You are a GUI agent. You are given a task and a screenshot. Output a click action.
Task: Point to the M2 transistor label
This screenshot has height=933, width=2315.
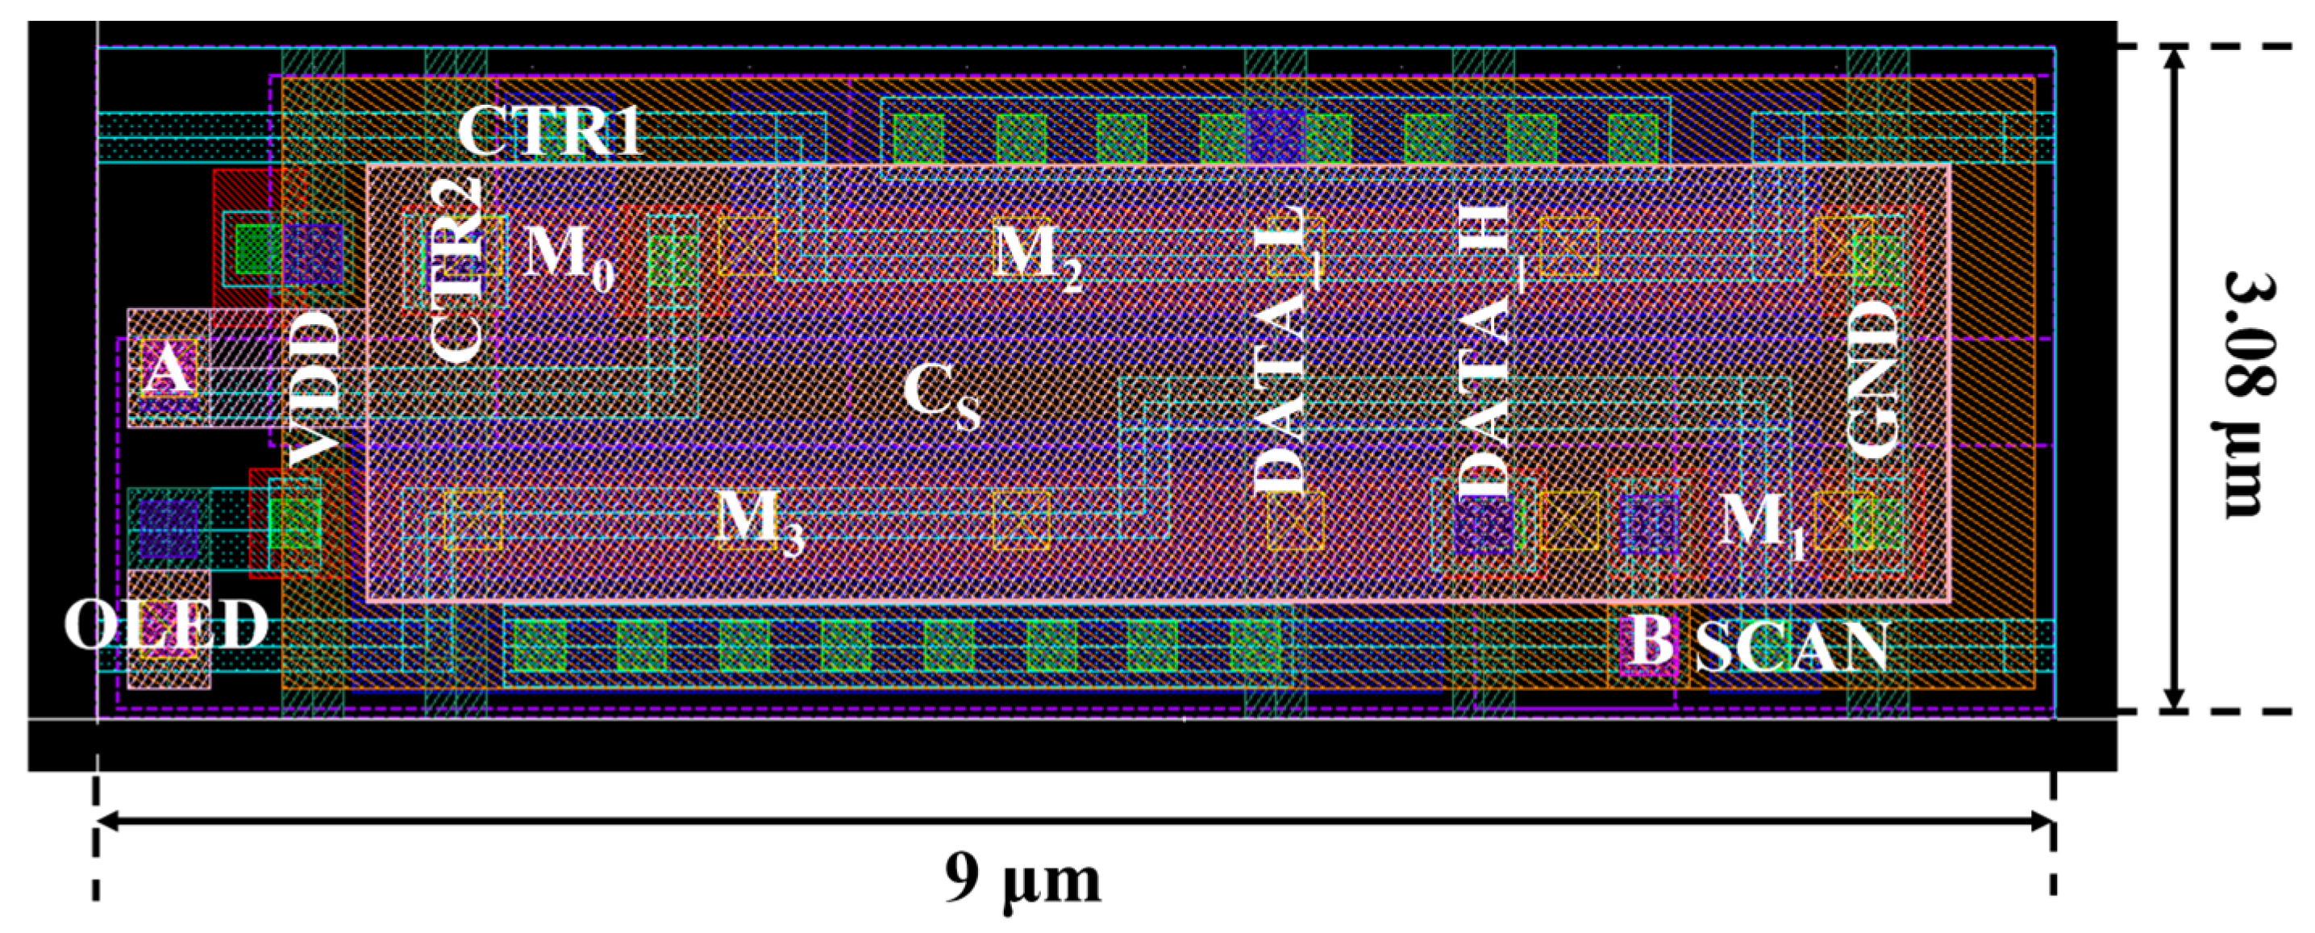(1037, 256)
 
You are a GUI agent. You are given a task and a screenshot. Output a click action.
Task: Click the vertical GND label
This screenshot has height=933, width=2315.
(1874, 378)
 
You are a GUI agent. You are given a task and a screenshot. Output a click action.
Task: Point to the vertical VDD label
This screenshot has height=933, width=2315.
(316, 386)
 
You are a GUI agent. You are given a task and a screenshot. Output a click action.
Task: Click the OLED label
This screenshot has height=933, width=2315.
(166, 625)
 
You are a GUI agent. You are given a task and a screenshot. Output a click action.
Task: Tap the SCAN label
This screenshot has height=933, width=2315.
(1791, 648)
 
